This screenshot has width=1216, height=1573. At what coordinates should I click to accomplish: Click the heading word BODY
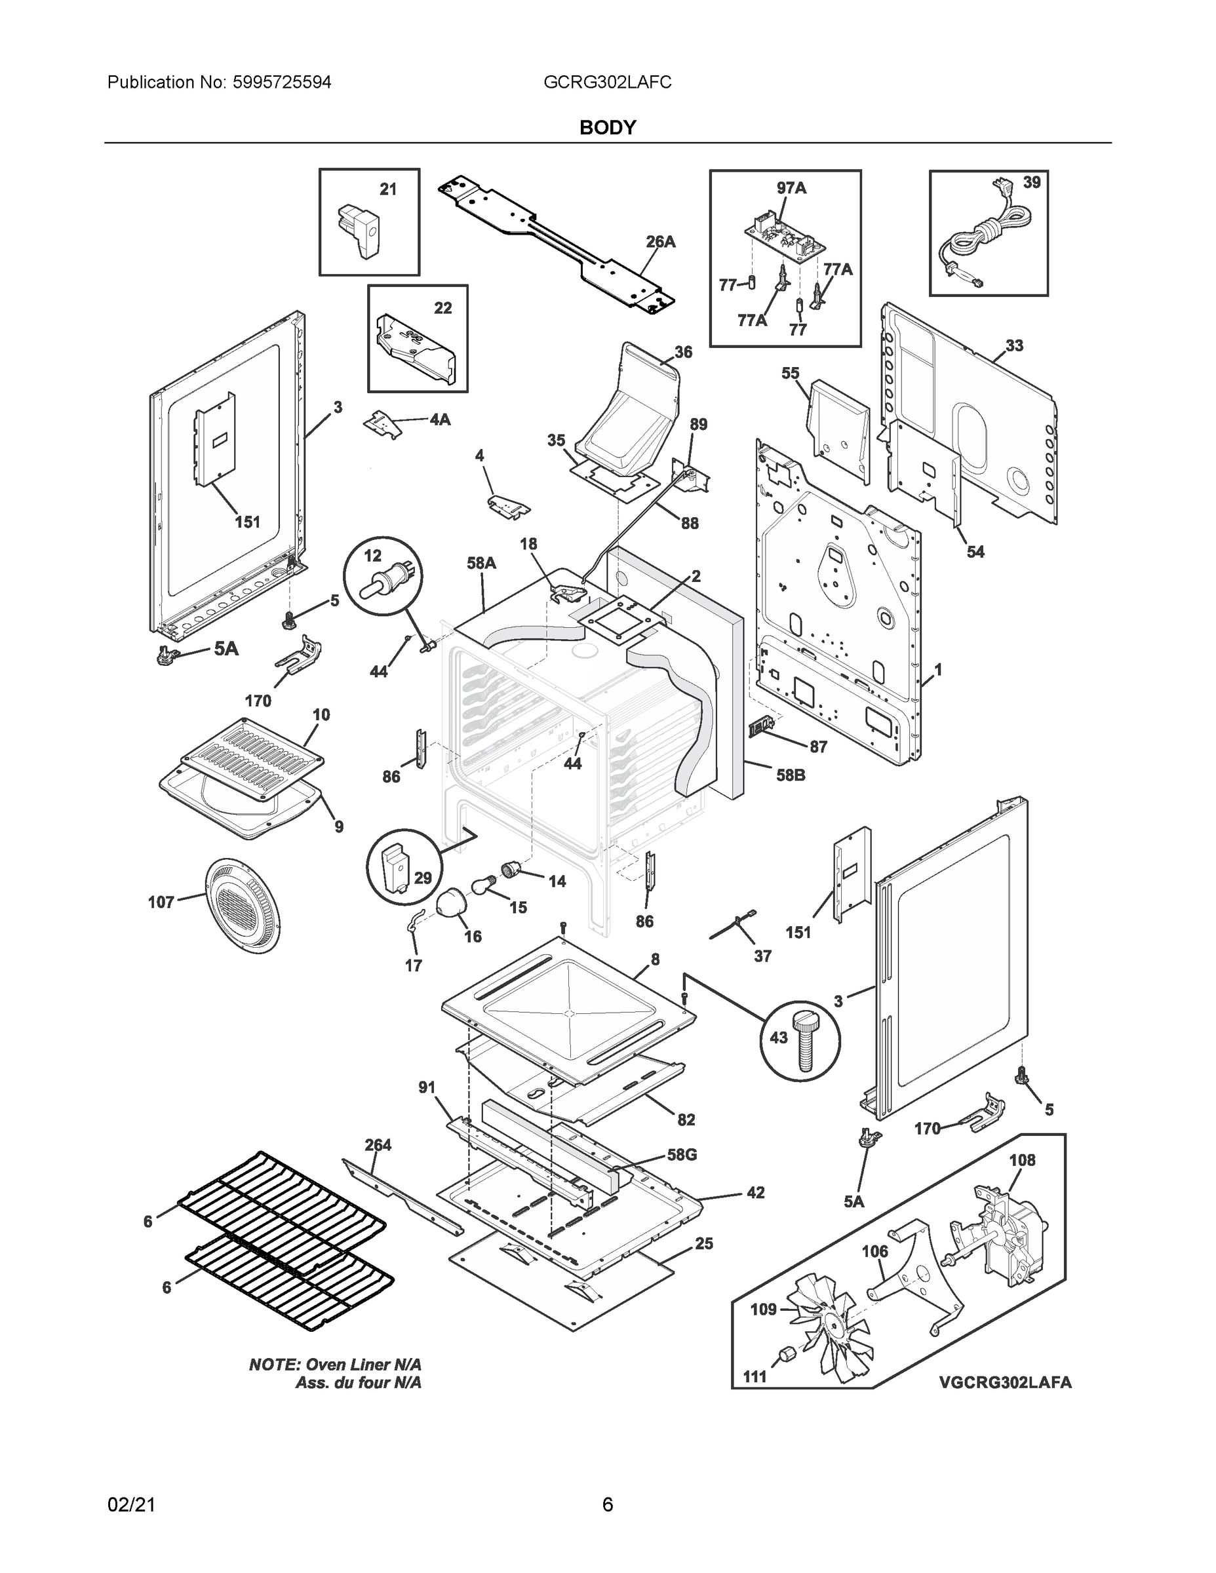(x=607, y=128)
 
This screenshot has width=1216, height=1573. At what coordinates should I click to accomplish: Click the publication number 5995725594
(x=282, y=83)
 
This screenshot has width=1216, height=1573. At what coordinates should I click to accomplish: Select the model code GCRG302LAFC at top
(x=607, y=83)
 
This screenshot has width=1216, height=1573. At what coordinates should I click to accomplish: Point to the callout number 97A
(x=791, y=189)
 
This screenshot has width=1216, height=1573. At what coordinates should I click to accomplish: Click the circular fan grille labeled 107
(x=242, y=904)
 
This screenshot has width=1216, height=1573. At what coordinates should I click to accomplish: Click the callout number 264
(x=378, y=1144)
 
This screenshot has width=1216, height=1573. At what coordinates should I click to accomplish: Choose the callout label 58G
(x=682, y=1155)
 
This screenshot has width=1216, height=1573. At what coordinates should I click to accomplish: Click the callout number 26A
(x=660, y=242)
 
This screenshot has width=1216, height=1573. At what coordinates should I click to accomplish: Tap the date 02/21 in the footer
(x=131, y=1505)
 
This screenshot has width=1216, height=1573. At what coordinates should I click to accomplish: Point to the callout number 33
(x=1013, y=345)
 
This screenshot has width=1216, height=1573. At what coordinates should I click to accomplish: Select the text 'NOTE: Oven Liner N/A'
(x=335, y=1364)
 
